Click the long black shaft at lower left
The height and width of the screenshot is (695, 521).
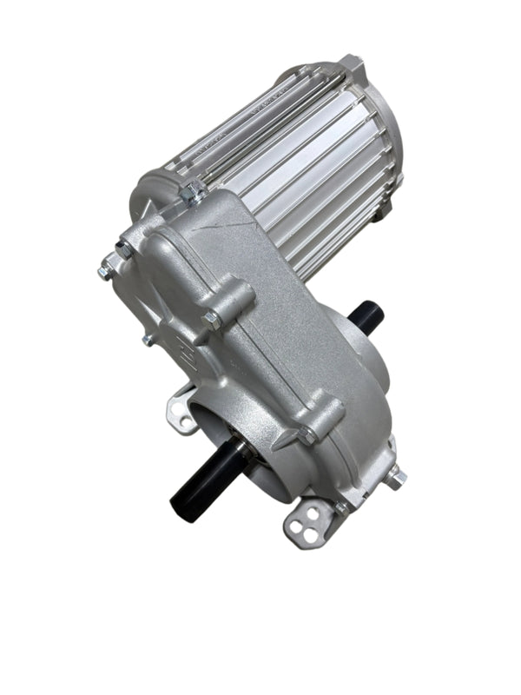coord(204,478)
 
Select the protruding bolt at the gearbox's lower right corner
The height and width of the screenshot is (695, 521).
coord(396,476)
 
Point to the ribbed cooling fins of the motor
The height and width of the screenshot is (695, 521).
coord(287,156)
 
